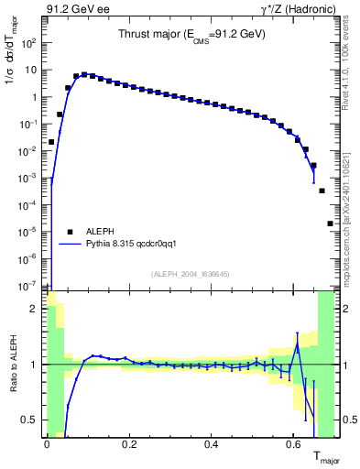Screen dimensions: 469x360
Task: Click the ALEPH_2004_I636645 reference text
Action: click(x=190, y=274)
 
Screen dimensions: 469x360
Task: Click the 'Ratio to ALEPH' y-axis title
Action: click(x=12, y=364)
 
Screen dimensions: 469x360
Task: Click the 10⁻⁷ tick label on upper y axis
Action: click(x=27, y=286)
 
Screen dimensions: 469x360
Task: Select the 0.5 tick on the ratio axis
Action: click(x=31, y=420)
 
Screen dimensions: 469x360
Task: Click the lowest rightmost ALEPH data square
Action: click(x=330, y=224)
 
